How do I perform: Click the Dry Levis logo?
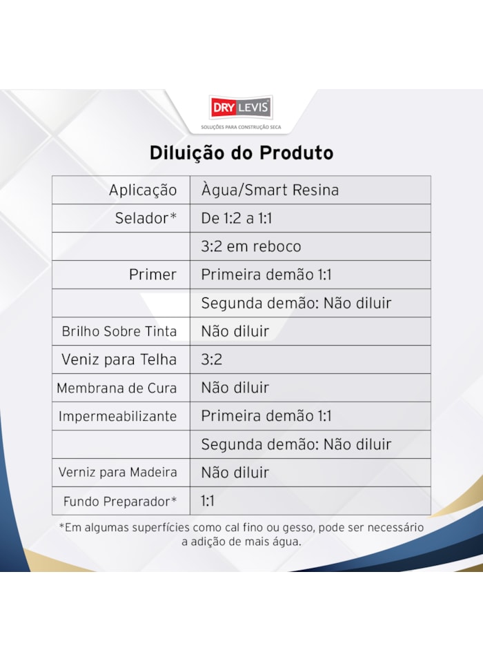pyautogui.click(x=241, y=108)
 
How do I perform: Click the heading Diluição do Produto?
pyautogui.click(x=241, y=152)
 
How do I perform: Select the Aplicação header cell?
pyautogui.click(x=143, y=190)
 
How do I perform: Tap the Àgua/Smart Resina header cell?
pyautogui.click(x=270, y=190)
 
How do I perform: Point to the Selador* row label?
pyautogui.click(x=146, y=219)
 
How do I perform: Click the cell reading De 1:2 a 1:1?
pyautogui.click(x=237, y=219)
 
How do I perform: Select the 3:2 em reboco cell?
pyautogui.click(x=250, y=247)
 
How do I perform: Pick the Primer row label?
pyautogui.click(x=152, y=275)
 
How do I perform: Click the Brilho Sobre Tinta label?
pyautogui.click(x=119, y=331)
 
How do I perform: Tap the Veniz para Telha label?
pyautogui.click(x=119, y=359)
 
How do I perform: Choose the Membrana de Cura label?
pyautogui.click(x=117, y=388)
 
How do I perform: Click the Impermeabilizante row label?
pyautogui.click(x=117, y=416)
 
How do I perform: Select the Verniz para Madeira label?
pyautogui.click(x=118, y=473)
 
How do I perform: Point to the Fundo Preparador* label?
pyautogui.click(x=120, y=501)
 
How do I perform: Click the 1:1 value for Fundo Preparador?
pyautogui.click(x=208, y=501)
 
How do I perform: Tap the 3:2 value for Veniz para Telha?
pyautogui.click(x=212, y=359)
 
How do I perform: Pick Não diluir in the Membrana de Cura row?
pyautogui.click(x=235, y=388)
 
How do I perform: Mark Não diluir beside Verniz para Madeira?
pyautogui.click(x=235, y=473)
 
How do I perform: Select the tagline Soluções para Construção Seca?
pyautogui.click(x=241, y=128)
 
